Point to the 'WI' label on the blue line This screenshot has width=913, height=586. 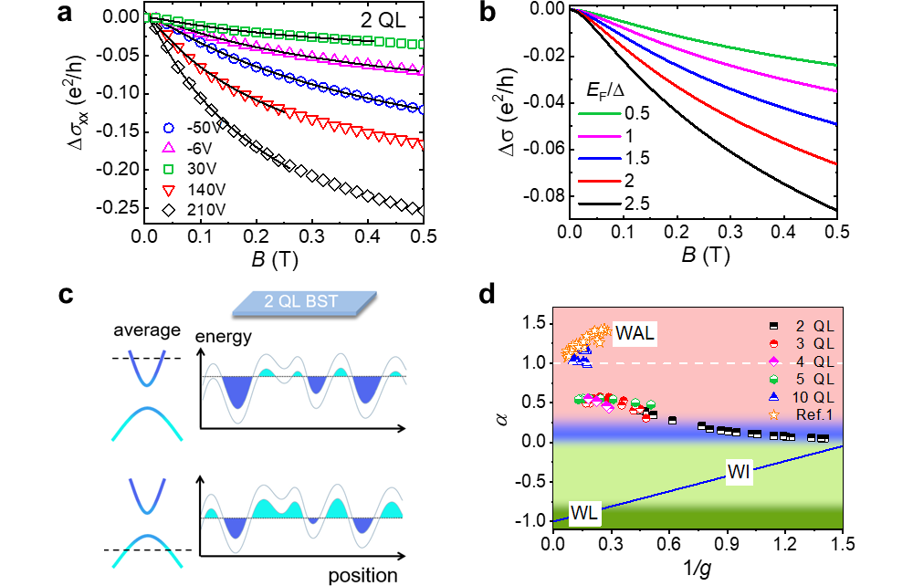[740, 472]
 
